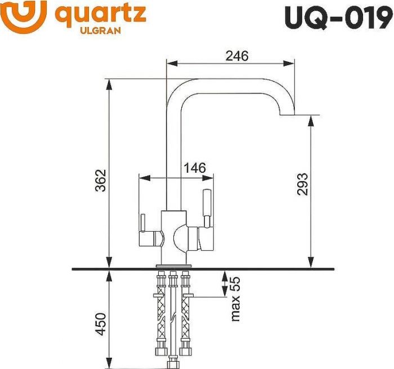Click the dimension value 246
[x=237, y=55]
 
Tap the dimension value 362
[x=100, y=180]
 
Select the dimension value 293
[x=302, y=184]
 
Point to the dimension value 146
[x=195, y=168]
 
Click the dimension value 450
[x=100, y=324]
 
